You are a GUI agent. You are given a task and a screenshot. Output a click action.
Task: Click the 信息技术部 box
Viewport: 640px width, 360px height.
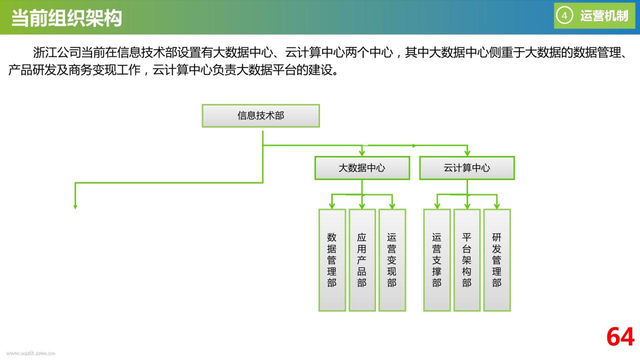(260, 115)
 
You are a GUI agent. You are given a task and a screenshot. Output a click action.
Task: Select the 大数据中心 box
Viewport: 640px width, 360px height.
(362, 168)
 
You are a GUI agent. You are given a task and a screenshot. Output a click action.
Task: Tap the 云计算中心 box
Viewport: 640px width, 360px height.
(467, 168)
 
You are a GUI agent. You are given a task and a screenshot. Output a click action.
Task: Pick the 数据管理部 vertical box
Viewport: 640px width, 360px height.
(332, 260)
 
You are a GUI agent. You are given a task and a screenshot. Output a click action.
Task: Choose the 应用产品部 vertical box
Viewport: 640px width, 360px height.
(362, 260)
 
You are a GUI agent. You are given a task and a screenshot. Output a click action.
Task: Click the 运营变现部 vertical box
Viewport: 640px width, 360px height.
(392, 260)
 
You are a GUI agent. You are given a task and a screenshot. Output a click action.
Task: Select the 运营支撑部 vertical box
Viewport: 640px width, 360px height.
(437, 260)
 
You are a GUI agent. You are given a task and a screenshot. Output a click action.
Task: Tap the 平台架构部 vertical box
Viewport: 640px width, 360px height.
(467, 260)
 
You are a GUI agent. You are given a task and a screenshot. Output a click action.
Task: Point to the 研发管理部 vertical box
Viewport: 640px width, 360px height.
(497, 260)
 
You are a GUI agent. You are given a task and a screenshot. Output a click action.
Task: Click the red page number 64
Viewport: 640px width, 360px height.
(620, 337)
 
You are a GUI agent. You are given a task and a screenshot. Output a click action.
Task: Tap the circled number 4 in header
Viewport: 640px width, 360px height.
(564, 15)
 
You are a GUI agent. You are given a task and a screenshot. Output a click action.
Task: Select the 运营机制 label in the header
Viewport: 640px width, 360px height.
(604, 15)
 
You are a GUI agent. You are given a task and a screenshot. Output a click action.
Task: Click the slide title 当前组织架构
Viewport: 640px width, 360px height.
(66, 18)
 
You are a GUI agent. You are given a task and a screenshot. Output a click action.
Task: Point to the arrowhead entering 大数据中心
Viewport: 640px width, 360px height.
(362, 153)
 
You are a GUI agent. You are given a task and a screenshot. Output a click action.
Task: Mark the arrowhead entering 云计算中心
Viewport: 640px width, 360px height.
(467, 153)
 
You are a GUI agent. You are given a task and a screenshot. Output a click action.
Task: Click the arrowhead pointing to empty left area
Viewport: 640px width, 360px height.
(75, 206)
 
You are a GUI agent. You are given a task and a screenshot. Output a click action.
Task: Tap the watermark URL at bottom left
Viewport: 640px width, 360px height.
(30, 353)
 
